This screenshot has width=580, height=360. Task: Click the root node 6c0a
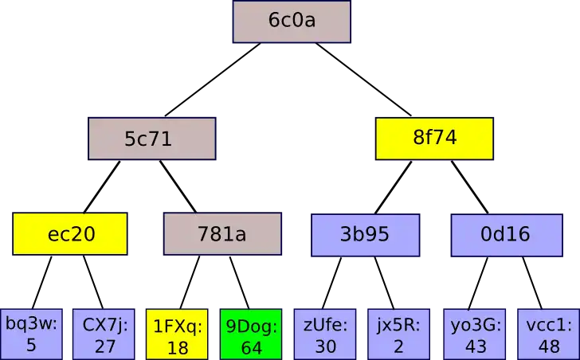(292, 22)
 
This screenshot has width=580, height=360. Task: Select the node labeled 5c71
(151, 139)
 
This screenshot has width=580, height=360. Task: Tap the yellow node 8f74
(434, 137)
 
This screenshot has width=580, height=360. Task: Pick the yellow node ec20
(70, 234)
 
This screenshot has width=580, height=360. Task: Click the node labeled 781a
(221, 234)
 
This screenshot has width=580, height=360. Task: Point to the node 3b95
(365, 234)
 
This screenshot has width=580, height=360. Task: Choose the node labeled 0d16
(504, 234)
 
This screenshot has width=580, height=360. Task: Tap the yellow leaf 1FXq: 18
(177, 335)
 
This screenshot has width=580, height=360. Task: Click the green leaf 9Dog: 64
(250, 335)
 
